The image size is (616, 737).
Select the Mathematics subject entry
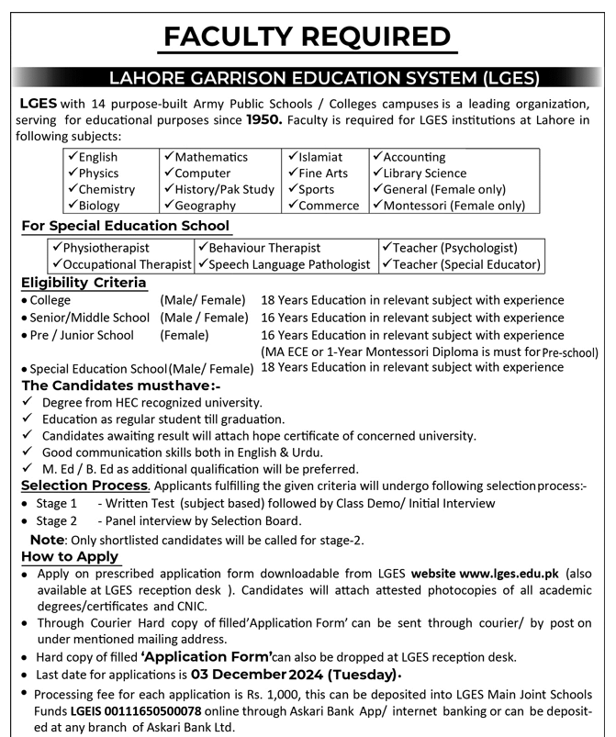pyautogui.click(x=211, y=157)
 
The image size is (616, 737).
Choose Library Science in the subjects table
pyautogui.click(x=424, y=173)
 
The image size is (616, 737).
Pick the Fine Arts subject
pyautogui.click(x=322, y=173)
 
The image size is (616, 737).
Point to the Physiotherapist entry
pyautogui.click(x=106, y=248)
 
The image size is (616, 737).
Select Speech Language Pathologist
pyautogui.click(x=289, y=264)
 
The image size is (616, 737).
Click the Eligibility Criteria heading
pyautogui.click(x=84, y=283)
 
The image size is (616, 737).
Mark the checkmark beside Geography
pyautogui.click(x=169, y=206)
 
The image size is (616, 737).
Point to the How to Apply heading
pyautogui.click(x=71, y=556)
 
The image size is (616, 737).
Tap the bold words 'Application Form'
pyautogui.click(x=207, y=656)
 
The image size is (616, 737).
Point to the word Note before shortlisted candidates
pyautogui.click(x=49, y=540)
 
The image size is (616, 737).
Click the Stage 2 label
pyautogui.click(x=57, y=520)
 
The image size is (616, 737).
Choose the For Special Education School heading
pyautogui.click(x=126, y=226)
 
